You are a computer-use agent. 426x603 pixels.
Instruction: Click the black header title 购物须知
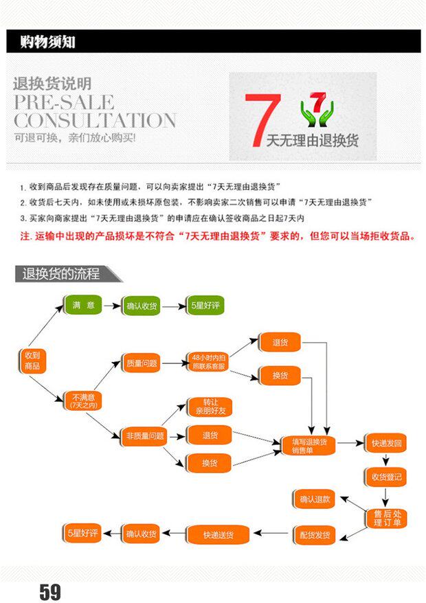coord(47,43)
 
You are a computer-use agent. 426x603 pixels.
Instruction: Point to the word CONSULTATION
coord(95,121)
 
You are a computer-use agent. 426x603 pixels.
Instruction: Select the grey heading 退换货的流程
coord(61,274)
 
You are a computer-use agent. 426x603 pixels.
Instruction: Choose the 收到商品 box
coord(32,361)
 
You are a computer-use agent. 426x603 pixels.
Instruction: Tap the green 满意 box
coord(83,306)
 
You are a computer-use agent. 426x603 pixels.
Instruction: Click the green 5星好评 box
coord(206,306)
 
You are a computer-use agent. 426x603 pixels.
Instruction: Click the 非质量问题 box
coord(144,435)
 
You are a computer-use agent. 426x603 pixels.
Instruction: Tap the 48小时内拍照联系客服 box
coord(209,363)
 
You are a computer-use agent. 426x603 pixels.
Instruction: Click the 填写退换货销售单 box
coord(309,445)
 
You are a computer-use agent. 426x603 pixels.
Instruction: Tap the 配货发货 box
coord(315,535)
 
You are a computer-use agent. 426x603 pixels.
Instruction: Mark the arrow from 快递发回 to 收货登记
coord(385,460)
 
